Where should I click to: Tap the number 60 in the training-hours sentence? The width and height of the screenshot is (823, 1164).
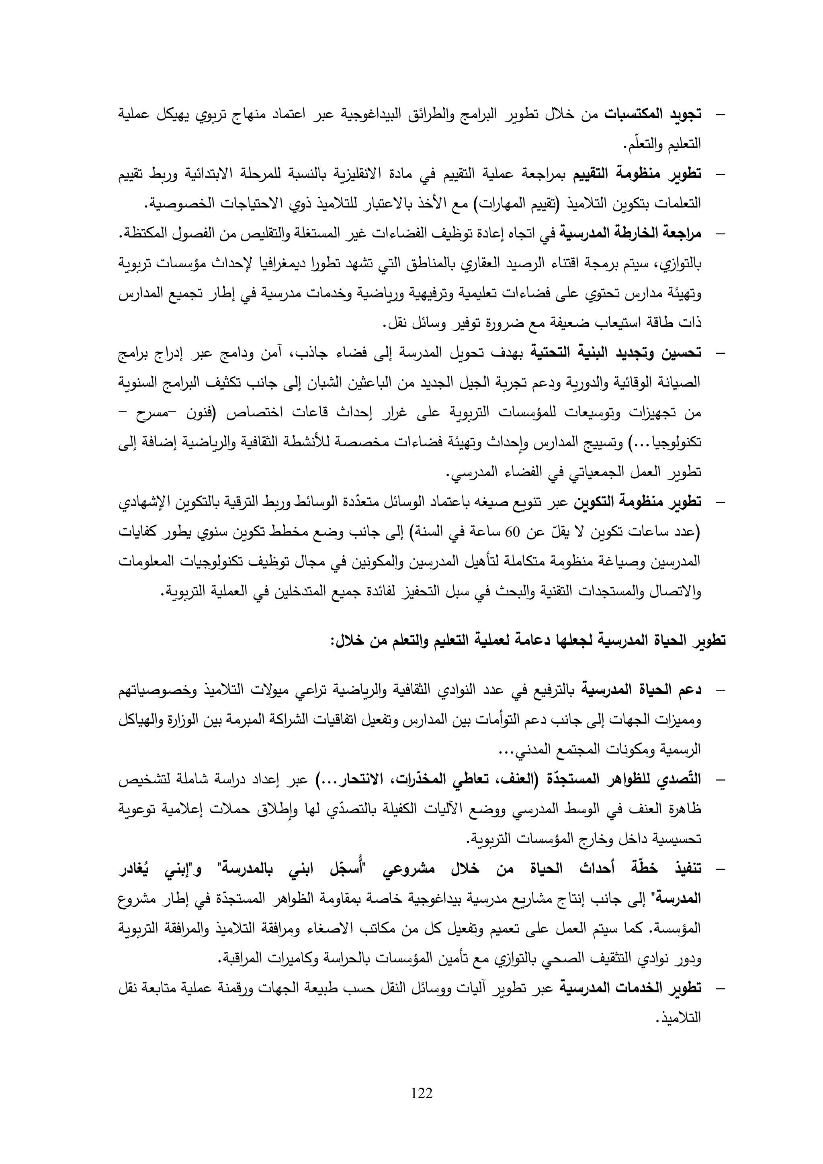(x=513, y=532)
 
